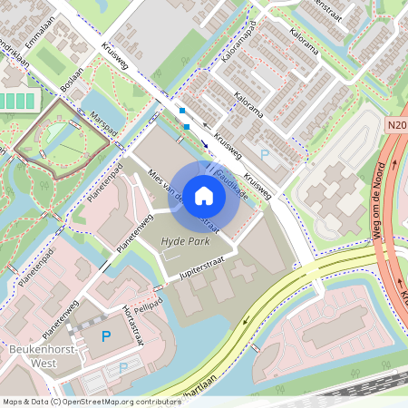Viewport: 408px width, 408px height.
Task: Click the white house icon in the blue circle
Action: point(204,195)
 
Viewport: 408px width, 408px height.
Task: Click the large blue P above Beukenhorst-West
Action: point(105,338)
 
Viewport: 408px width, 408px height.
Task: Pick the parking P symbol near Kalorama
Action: point(264,155)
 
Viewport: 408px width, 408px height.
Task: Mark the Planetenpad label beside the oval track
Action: point(106,182)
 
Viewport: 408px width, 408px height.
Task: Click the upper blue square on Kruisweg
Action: point(182,112)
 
